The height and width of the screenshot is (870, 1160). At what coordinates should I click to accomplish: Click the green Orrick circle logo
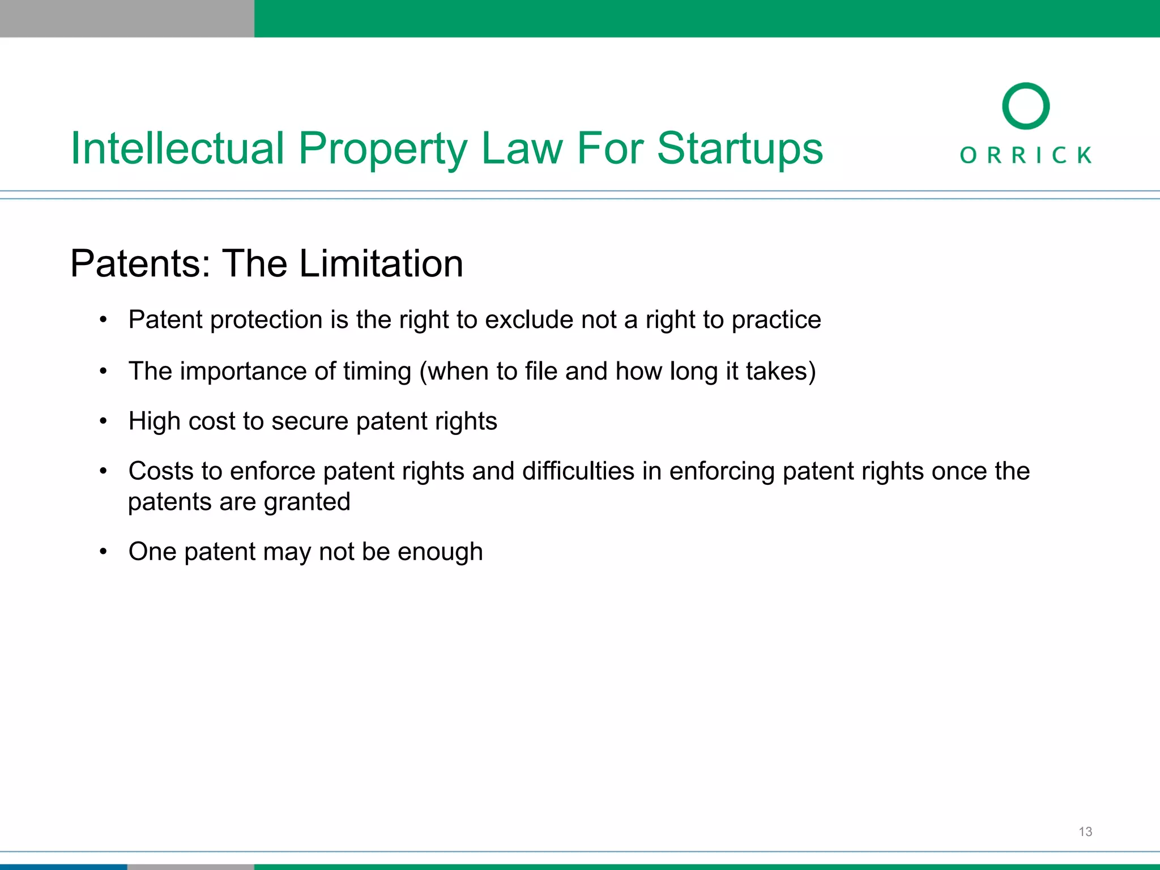(x=1025, y=106)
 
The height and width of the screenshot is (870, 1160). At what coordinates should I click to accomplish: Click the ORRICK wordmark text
(x=1025, y=155)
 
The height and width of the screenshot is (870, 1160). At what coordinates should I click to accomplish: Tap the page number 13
(x=1085, y=831)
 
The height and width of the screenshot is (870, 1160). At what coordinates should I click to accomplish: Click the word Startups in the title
(x=740, y=148)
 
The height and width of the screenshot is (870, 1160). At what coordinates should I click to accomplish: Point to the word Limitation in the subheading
(x=381, y=263)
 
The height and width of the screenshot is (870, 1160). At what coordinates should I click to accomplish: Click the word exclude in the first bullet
(x=530, y=320)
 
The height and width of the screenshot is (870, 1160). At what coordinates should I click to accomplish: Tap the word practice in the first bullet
(x=776, y=320)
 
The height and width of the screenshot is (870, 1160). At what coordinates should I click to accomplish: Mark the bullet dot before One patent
(x=103, y=552)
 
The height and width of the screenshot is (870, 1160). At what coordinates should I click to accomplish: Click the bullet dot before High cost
(x=103, y=421)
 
